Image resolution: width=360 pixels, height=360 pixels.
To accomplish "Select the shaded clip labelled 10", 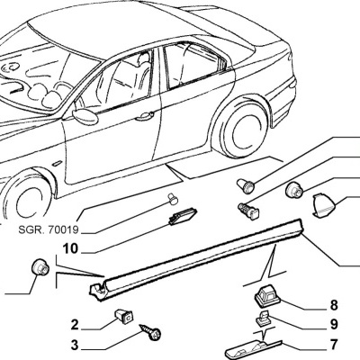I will point(183,218).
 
